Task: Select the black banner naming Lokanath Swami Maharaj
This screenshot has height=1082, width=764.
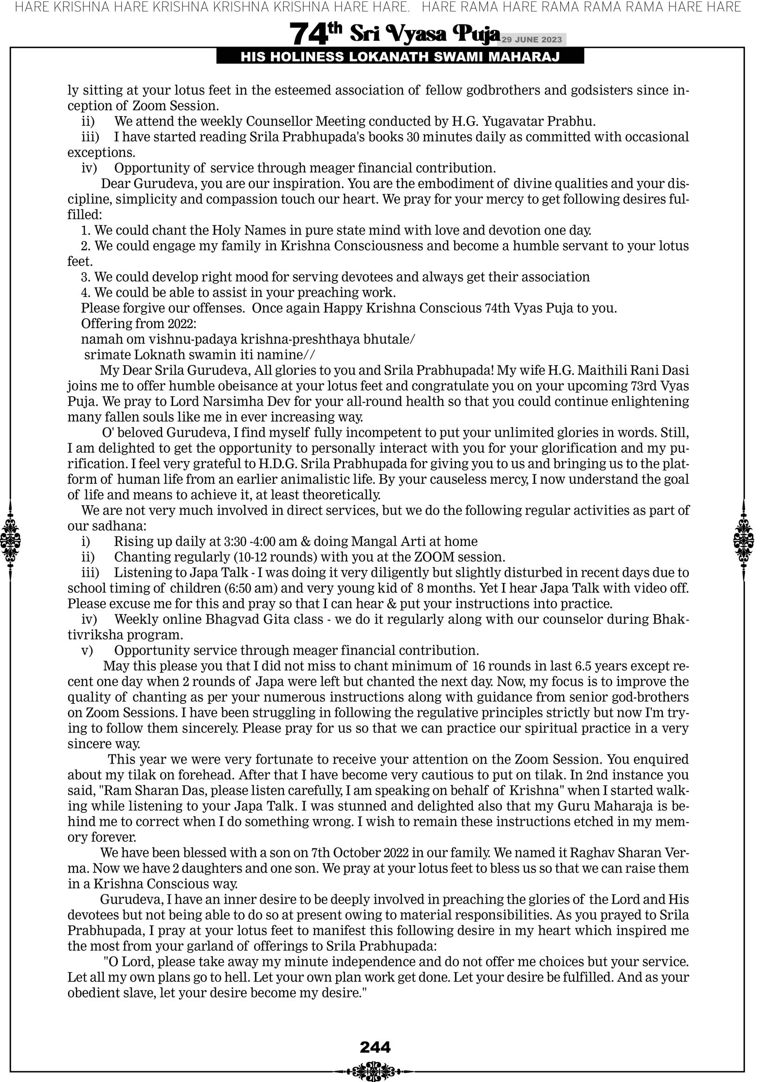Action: pyautogui.click(x=400, y=57)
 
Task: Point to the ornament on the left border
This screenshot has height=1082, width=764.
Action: pyautogui.click(x=10, y=539)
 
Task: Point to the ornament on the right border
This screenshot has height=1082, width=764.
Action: pyautogui.click(x=744, y=539)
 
